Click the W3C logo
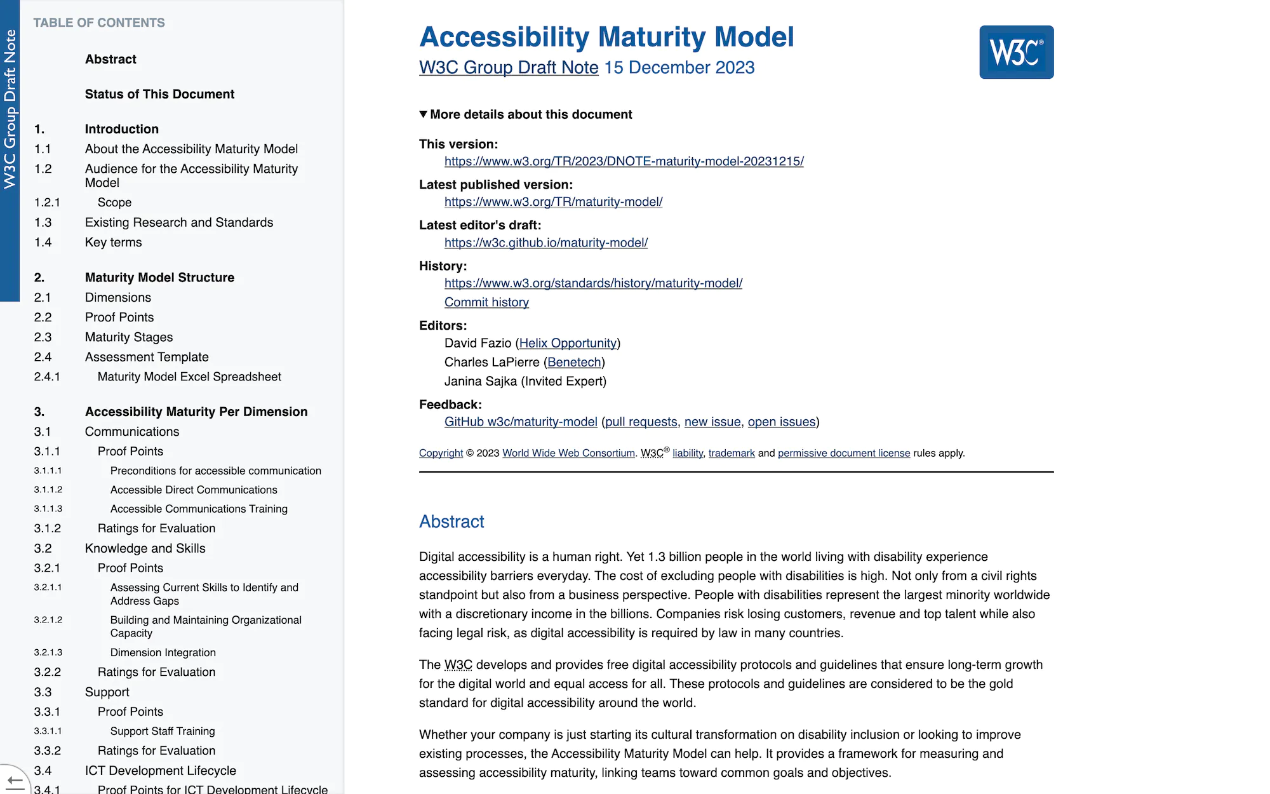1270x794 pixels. coord(1016,52)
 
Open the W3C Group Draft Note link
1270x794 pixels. coord(509,67)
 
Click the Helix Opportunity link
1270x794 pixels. coord(568,343)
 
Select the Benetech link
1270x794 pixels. coord(574,362)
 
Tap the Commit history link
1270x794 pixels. coord(486,302)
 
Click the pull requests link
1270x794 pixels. coord(641,422)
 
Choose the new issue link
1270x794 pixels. coord(712,422)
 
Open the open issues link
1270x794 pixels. coord(782,422)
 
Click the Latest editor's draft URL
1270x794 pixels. coord(546,243)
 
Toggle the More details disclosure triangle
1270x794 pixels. coord(424,114)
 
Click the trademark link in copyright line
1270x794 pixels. coord(732,453)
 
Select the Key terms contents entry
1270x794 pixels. coord(114,242)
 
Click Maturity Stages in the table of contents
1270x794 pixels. coord(129,337)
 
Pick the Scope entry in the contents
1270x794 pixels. coord(115,202)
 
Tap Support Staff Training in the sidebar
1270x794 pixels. coord(163,731)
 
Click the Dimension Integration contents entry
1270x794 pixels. coord(163,652)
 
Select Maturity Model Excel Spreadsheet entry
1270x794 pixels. coord(189,377)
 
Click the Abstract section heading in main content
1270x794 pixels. coord(451,521)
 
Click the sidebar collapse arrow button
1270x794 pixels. coord(14,780)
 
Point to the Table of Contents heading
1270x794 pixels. coord(99,23)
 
